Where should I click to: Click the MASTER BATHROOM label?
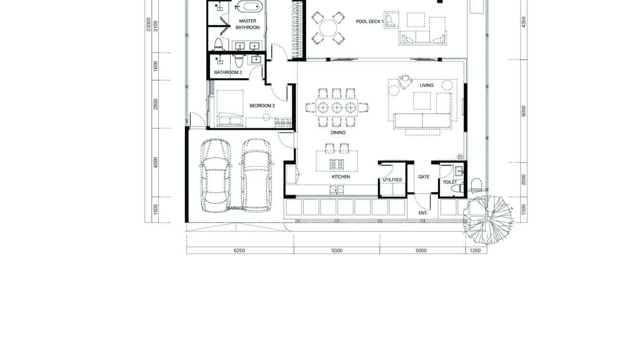tap(247, 24)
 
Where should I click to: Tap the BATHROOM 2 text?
tap(228, 73)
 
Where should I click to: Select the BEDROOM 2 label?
tap(262, 106)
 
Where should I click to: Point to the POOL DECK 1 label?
tap(370, 21)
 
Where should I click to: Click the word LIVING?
tap(427, 85)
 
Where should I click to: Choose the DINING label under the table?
tap(338, 133)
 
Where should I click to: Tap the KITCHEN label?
tap(341, 177)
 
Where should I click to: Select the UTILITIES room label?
tap(392, 180)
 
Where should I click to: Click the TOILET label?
tap(449, 182)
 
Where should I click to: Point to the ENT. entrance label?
tap(423, 213)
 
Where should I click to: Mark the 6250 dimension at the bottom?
tap(239, 251)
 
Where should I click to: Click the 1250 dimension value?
tap(475, 251)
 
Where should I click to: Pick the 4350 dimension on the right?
tap(523, 23)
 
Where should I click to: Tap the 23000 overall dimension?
tap(149, 25)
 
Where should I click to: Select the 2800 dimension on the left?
tap(156, 104)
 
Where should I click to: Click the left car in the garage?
tap(215, 176)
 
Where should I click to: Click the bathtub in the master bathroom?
tap(249, 7)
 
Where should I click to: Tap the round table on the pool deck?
tap(328, 28)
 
